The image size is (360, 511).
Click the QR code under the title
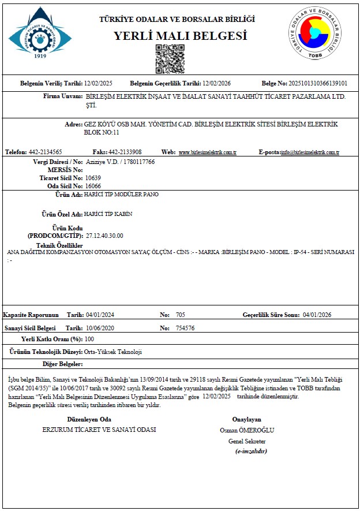tap(170, 59)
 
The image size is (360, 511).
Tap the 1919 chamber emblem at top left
tap(40, 33)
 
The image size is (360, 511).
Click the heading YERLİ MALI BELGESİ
tap(180, 36)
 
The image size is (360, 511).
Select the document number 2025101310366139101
tap(318, 83)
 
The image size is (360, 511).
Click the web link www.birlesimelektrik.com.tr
tap(208, 152)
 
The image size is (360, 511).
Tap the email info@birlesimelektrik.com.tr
tap(309, 152)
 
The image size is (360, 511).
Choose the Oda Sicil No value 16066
tap(93, 187)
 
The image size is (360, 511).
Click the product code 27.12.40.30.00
tap(104, 236)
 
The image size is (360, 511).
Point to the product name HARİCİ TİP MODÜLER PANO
tap(121, 195)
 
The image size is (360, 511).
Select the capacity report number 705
tap(180, 315)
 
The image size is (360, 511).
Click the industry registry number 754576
tap(185, 328)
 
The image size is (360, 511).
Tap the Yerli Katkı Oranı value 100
tap(89, 339)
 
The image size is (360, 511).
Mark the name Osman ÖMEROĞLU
tap(247, 430)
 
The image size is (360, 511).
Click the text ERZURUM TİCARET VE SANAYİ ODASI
tap(99, 430)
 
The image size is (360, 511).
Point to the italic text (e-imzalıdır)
tap(251, 451)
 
